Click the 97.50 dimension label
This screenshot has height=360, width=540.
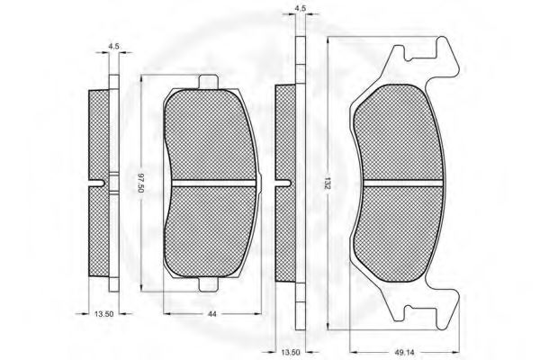pos(141,183)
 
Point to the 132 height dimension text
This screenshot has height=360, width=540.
pos(328,183)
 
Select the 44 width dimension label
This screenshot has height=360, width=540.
pos(212,314)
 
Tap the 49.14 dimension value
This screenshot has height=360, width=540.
pos(404,352)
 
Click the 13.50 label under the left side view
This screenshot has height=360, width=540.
pos(103,313)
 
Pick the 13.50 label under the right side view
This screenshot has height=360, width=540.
pos(291,352)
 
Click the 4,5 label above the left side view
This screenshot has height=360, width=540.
pos(113,46)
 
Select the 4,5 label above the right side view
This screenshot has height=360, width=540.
pos(301,9)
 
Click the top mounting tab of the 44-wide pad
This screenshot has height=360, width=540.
pos(209,82)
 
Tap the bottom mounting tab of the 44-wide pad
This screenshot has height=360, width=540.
pos(209,284)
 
